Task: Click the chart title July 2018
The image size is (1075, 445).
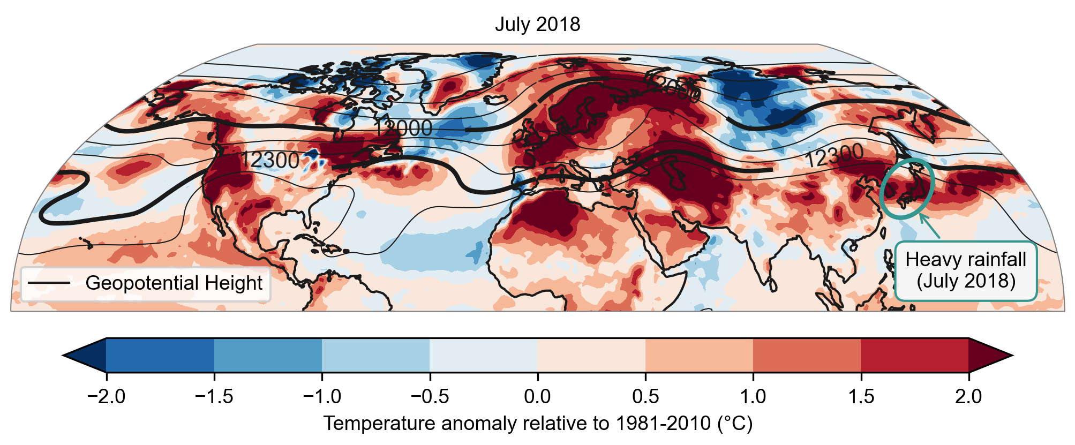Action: pos(537,25)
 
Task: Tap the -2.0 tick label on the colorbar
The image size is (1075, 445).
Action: pos(106,397)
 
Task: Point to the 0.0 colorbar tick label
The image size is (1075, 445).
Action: pos(537,397)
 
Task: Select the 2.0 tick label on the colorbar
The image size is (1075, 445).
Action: pos(968,397)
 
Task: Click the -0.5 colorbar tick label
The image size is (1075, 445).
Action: pos(429,397)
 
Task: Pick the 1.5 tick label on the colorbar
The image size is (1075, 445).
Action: pos(861,397)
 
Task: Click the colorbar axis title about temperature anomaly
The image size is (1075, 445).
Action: pos(537,424)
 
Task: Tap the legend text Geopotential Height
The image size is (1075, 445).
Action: pos(174,283)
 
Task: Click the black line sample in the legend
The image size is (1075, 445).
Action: pos(49,283)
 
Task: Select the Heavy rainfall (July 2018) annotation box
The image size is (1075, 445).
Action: pos(966,271)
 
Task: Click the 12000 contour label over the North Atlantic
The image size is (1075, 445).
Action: pos(403,129)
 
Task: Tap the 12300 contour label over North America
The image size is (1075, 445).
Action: pos(269,160)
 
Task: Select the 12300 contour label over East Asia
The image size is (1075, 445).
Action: pos(834,157)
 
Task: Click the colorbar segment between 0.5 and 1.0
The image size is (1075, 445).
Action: pos(699,355)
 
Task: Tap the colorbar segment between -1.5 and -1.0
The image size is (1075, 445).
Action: pos(268,355)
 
